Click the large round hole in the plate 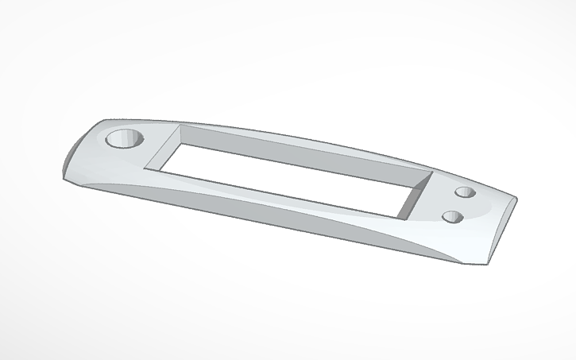(122, 141)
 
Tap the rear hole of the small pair (465, 193)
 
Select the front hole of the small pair (452, 216)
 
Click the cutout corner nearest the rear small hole (431, 173)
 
